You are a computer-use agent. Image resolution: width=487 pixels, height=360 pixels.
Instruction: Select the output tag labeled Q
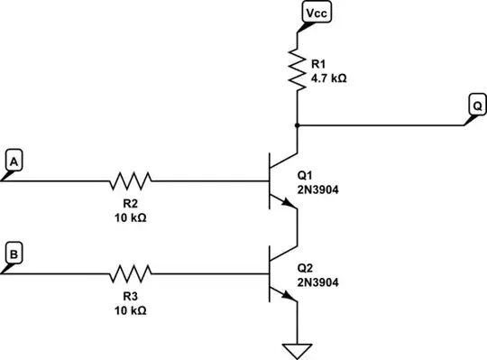pos(475,106)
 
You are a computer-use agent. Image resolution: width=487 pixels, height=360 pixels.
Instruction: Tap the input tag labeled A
pos(14,160)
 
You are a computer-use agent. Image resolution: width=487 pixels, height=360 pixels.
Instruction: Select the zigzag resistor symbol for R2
pos(131,180)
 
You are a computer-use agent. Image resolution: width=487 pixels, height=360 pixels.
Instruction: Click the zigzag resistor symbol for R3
pos(131,271)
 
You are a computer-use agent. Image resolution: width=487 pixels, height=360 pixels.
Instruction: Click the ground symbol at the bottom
pos(297,350)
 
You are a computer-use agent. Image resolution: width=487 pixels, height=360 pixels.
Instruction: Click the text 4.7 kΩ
pos(327,78)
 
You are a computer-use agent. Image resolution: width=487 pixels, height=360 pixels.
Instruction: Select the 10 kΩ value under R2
pos(131,218)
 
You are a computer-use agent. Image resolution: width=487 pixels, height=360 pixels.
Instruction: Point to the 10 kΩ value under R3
pos(131,309)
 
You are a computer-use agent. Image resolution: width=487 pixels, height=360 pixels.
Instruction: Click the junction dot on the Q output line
pos(297,125)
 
